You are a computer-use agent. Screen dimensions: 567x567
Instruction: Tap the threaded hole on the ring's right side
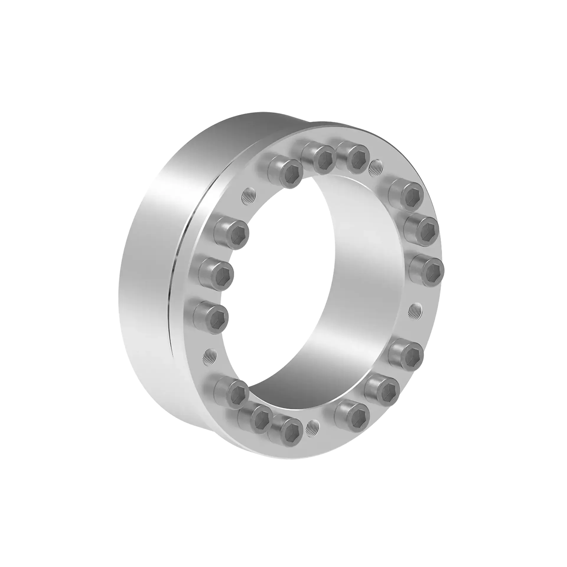click(x=415, y=310)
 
